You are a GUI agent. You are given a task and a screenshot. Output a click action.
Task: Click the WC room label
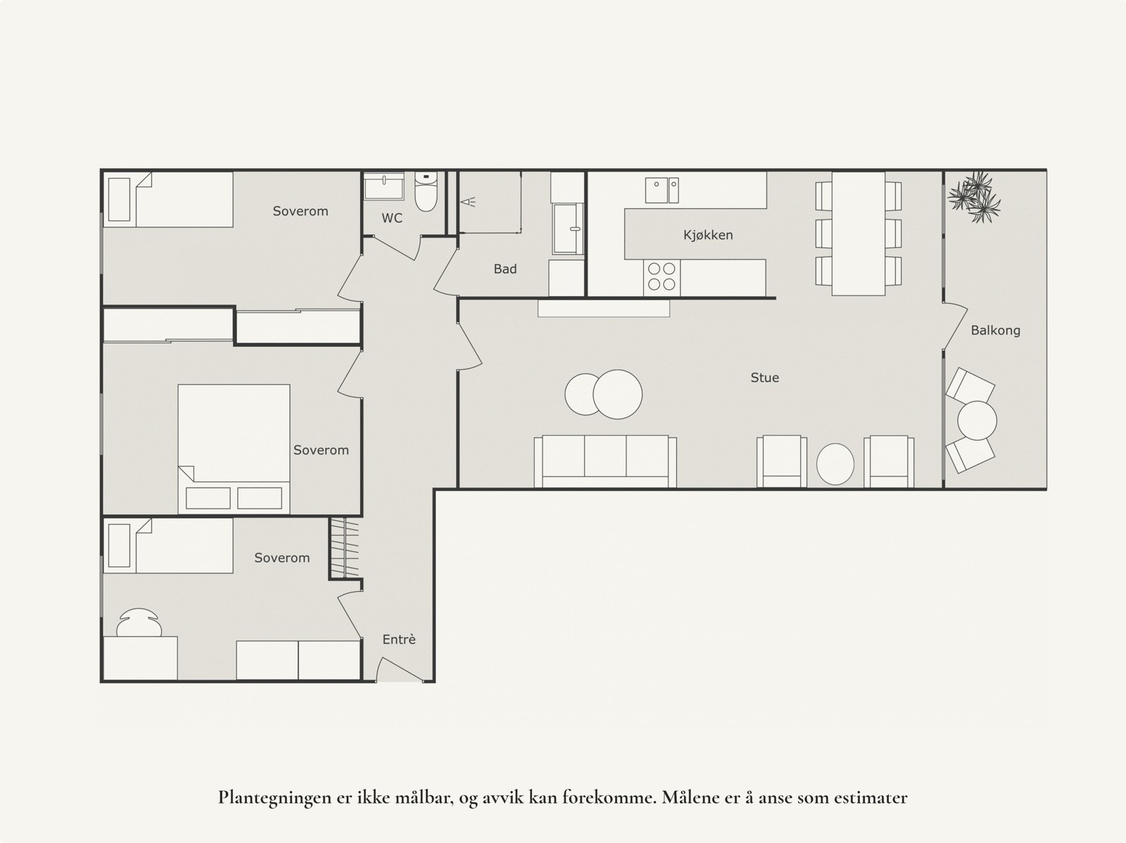(x=392, y=218)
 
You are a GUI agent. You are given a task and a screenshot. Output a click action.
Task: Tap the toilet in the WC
(x=426, y=192)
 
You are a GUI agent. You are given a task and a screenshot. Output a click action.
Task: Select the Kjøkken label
(x=708, y=235)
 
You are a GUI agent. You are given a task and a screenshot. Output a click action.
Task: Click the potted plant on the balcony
(x=975, y=195)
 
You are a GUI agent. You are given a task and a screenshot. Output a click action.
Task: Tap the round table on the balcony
(x=977, y=420)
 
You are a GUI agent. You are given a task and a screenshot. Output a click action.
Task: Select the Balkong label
(x=995, y=330)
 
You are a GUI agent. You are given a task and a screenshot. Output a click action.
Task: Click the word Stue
(x=764, y=378)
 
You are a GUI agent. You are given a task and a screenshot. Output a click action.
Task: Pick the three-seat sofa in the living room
(x=605, y=461)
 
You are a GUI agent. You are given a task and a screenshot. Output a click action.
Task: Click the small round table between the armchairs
(x=835, y=464)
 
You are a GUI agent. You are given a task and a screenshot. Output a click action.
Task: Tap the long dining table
(x=858, y=233)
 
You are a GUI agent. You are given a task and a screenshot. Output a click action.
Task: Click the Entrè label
(x=399, y=640)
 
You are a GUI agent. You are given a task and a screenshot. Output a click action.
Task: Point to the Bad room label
(x=505, y=269)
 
